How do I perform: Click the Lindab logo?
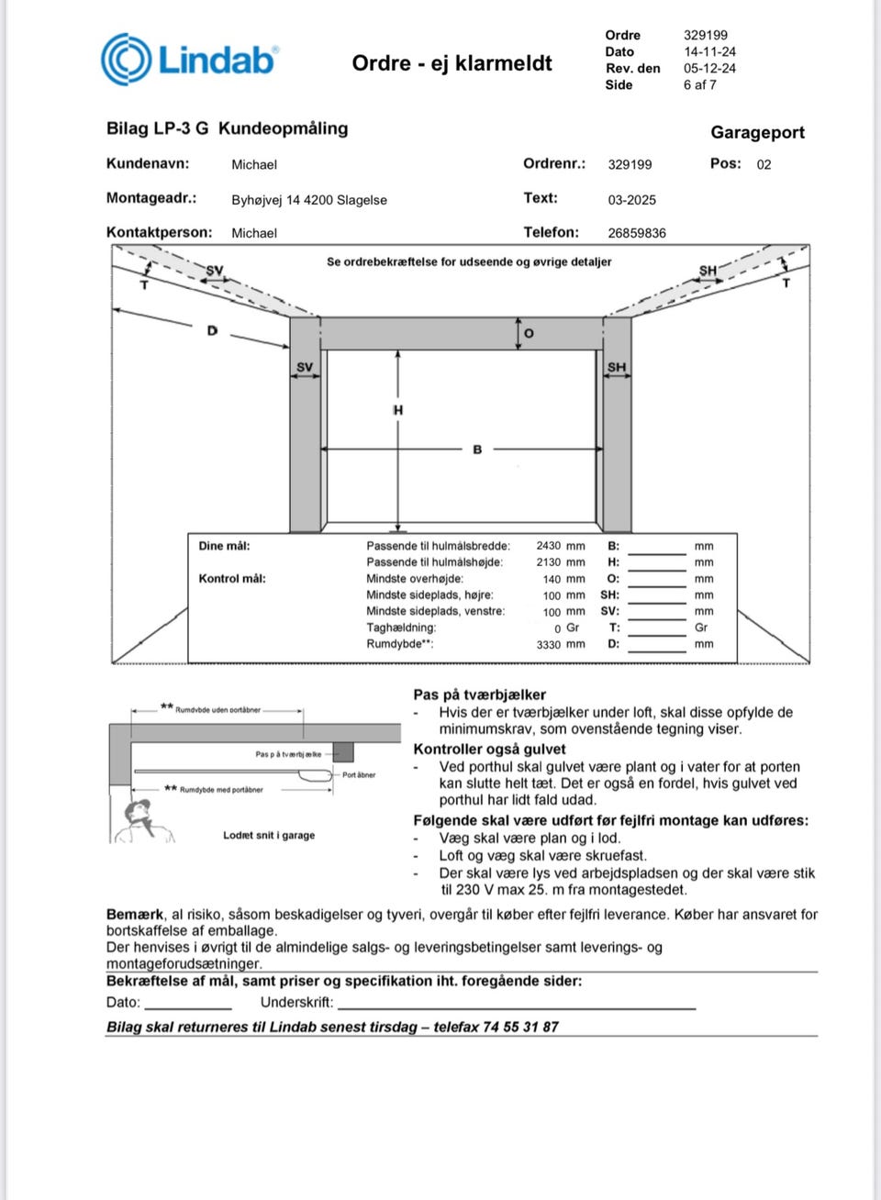point(190,60)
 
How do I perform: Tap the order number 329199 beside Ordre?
point(705,35)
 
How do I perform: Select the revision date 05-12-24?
point(709,68)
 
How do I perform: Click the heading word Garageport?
point(757,132)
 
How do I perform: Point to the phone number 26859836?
point(636,233)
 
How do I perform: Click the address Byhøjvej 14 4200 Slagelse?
point(309,200)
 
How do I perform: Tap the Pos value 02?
point(764,165)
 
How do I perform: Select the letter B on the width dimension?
point(477,450)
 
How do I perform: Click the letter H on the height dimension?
point(398,410)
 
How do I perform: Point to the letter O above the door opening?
point(529,333)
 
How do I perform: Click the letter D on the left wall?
point(213,330)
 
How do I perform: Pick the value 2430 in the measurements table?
point(549,546)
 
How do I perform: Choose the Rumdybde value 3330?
point(549,645)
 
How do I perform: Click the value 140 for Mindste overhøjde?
point(552,579)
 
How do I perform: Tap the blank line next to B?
point(657,549)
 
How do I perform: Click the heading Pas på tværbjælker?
point(479,694)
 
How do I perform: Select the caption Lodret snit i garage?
point(269,836)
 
